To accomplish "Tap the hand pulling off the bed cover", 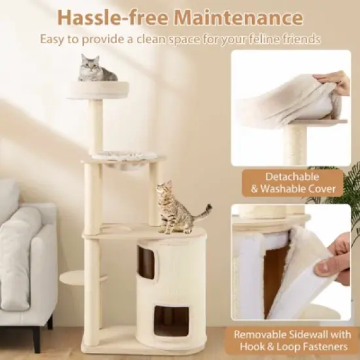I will click(x=334, y=82).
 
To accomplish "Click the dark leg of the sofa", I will click(x=50, y=322).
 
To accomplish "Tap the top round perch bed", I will click(x=98, y=90).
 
